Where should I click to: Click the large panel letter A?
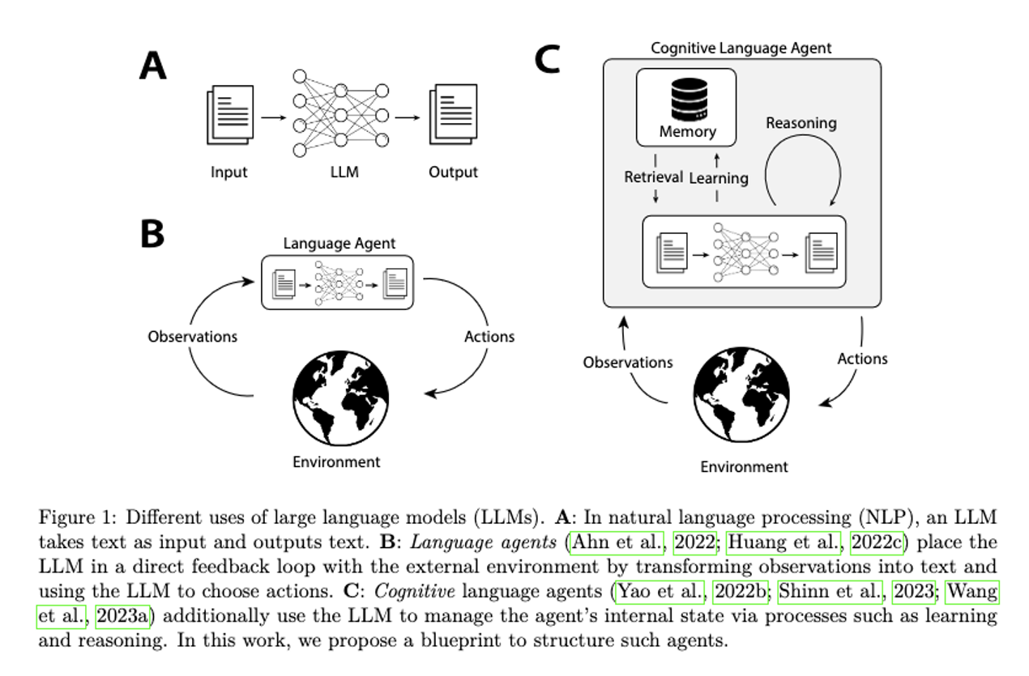tap(152, 66)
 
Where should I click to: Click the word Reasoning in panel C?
tap(801, 124)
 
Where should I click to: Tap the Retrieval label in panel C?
tap(653, 177)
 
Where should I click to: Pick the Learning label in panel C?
tap(718, 177)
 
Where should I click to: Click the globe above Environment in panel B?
tap(336, 397)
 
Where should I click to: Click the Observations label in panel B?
tap(193, 337)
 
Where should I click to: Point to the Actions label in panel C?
tap(862, 359)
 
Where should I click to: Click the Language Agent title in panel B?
tap(339, 244)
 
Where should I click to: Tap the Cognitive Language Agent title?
tap(741, 49)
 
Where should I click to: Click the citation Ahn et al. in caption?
tap(620, 542)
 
